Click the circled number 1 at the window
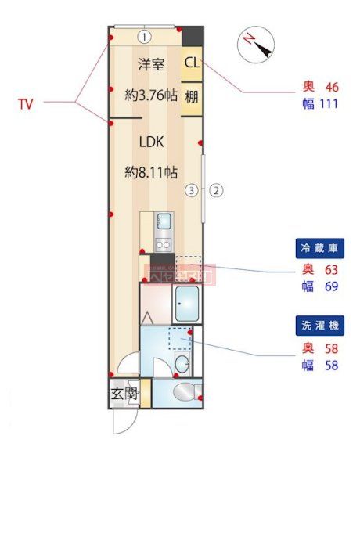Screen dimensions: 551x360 coord(146,36)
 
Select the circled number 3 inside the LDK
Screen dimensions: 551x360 coord(190,189)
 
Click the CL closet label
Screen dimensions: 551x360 coord(192,63)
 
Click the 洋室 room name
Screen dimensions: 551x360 coord(151,64)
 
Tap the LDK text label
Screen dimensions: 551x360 coord(151,142)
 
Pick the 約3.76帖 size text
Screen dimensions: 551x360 coord(151,95)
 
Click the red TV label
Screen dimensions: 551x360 coord(26,103)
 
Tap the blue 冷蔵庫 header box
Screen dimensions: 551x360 coord(319,249)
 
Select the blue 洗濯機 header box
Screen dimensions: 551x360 coord(319,325)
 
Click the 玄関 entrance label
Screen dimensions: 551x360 coord(124,393)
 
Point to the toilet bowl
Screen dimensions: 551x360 coord(185,392)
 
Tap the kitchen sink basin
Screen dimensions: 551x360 coord(164,220)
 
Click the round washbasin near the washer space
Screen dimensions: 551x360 coord(182,364)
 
